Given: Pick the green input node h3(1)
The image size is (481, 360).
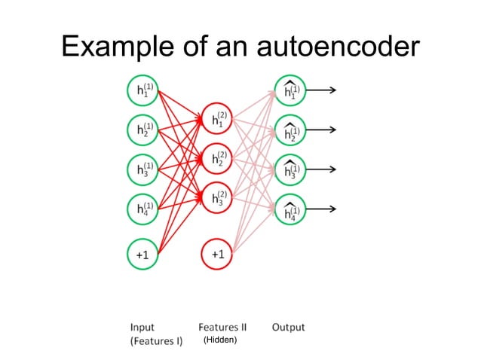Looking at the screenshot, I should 142,169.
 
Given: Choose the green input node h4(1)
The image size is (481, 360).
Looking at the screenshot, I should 142,209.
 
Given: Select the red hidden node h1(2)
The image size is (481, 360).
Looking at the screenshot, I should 216,118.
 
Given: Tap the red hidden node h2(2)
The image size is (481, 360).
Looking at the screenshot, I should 216,158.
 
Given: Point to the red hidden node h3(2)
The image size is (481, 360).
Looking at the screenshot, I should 216,198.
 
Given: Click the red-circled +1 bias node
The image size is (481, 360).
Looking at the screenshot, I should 216,255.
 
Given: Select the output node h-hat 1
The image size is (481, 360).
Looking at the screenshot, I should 290,90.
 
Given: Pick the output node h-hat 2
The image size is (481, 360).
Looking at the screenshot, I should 290,130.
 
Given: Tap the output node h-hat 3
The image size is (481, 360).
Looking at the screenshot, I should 290,169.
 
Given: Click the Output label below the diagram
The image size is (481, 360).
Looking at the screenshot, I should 288,328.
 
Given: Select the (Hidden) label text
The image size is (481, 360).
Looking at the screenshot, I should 220,340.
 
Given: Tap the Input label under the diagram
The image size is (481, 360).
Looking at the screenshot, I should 143,328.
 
